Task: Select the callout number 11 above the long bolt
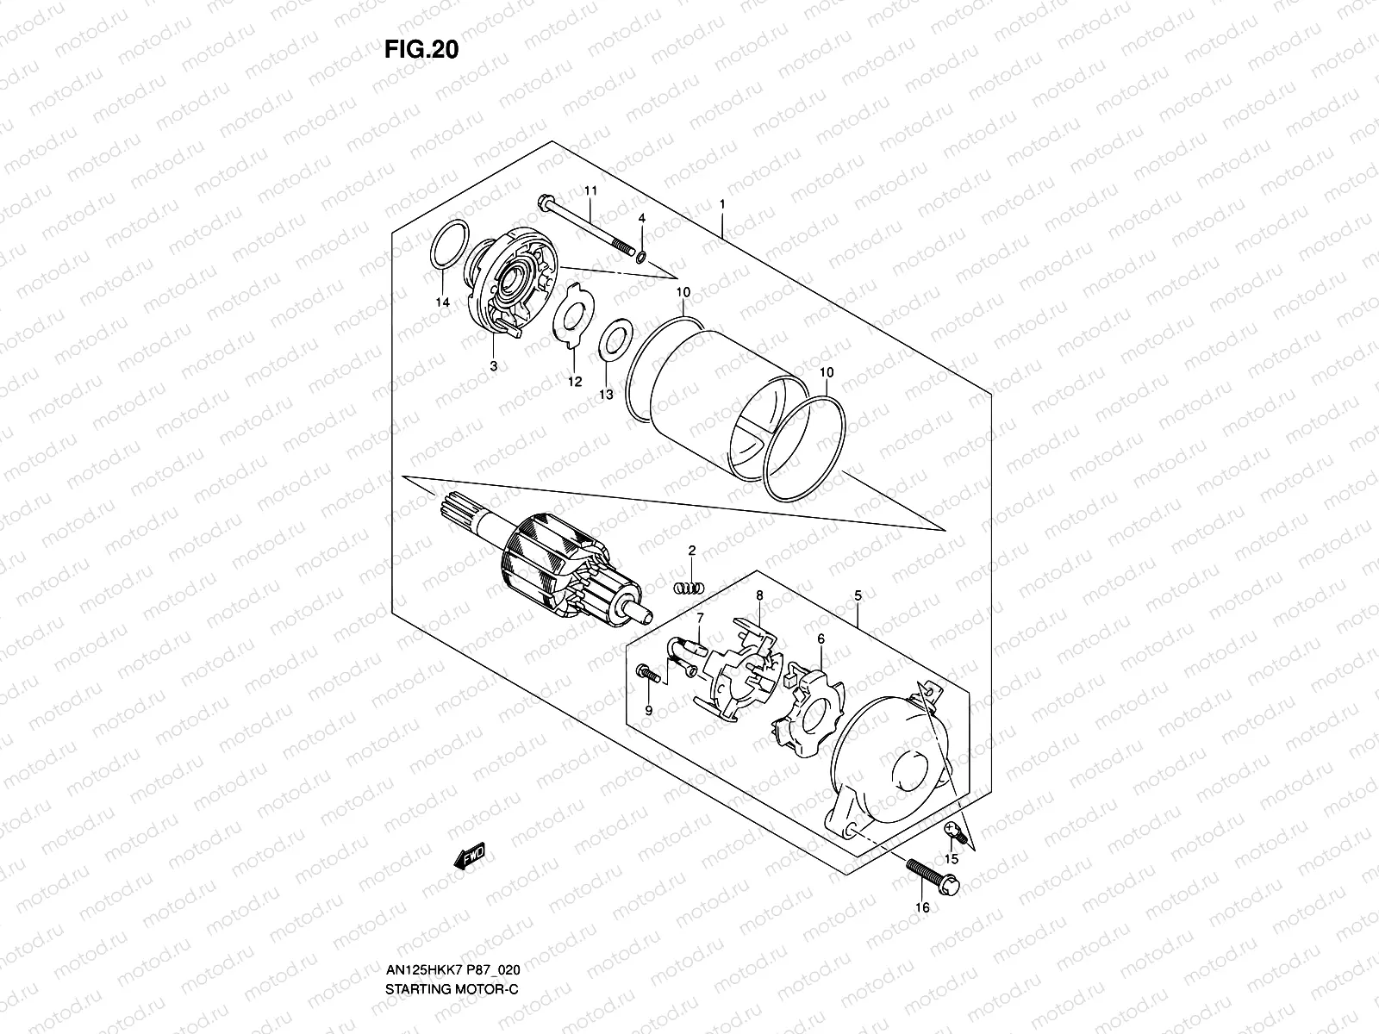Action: (x=590, y=190)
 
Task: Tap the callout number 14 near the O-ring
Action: (x=442, y=302)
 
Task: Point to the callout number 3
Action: (x=494, y=365)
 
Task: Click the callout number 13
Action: (x=606, y=394)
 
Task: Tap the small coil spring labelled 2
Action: (x=688, y=588)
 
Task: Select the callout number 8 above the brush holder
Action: (x=759, y=595)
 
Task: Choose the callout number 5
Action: (x=858, y=595)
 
